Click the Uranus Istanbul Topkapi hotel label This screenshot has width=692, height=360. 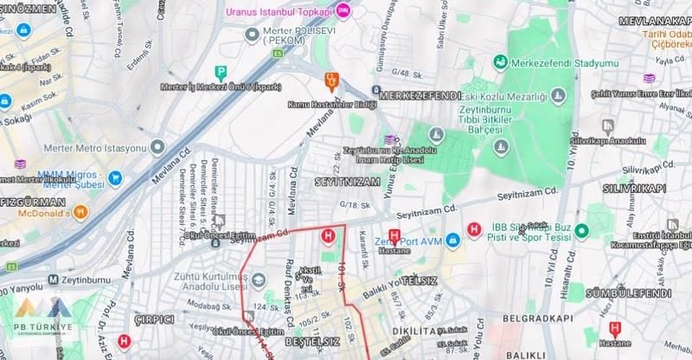pos(279,11)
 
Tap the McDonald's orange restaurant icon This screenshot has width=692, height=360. pos(79,211)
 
